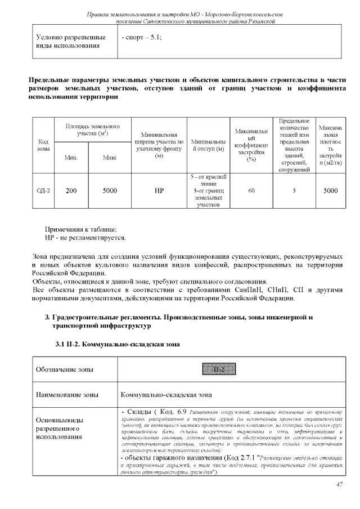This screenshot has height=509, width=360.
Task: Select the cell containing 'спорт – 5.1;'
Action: tap(141, 38)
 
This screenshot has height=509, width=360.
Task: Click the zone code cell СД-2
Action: tap(43, 191)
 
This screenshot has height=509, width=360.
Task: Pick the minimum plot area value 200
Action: tap(71, 191)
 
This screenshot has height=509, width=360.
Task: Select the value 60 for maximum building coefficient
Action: tap(251, 191)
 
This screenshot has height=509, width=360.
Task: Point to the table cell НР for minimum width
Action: tap(159, 191)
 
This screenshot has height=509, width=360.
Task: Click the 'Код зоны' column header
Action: tap(43, 145)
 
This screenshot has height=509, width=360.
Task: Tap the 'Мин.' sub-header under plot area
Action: tap(71, 158)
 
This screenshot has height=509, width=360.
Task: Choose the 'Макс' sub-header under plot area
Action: tap(110, 158)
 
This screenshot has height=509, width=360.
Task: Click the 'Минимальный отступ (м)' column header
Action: tap(208, 145)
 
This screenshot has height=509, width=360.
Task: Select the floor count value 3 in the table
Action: tap(294, 191)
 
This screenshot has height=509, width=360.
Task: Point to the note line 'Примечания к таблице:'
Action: tap(80, 229)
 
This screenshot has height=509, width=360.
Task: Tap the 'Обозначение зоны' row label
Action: tap(65, 370)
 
